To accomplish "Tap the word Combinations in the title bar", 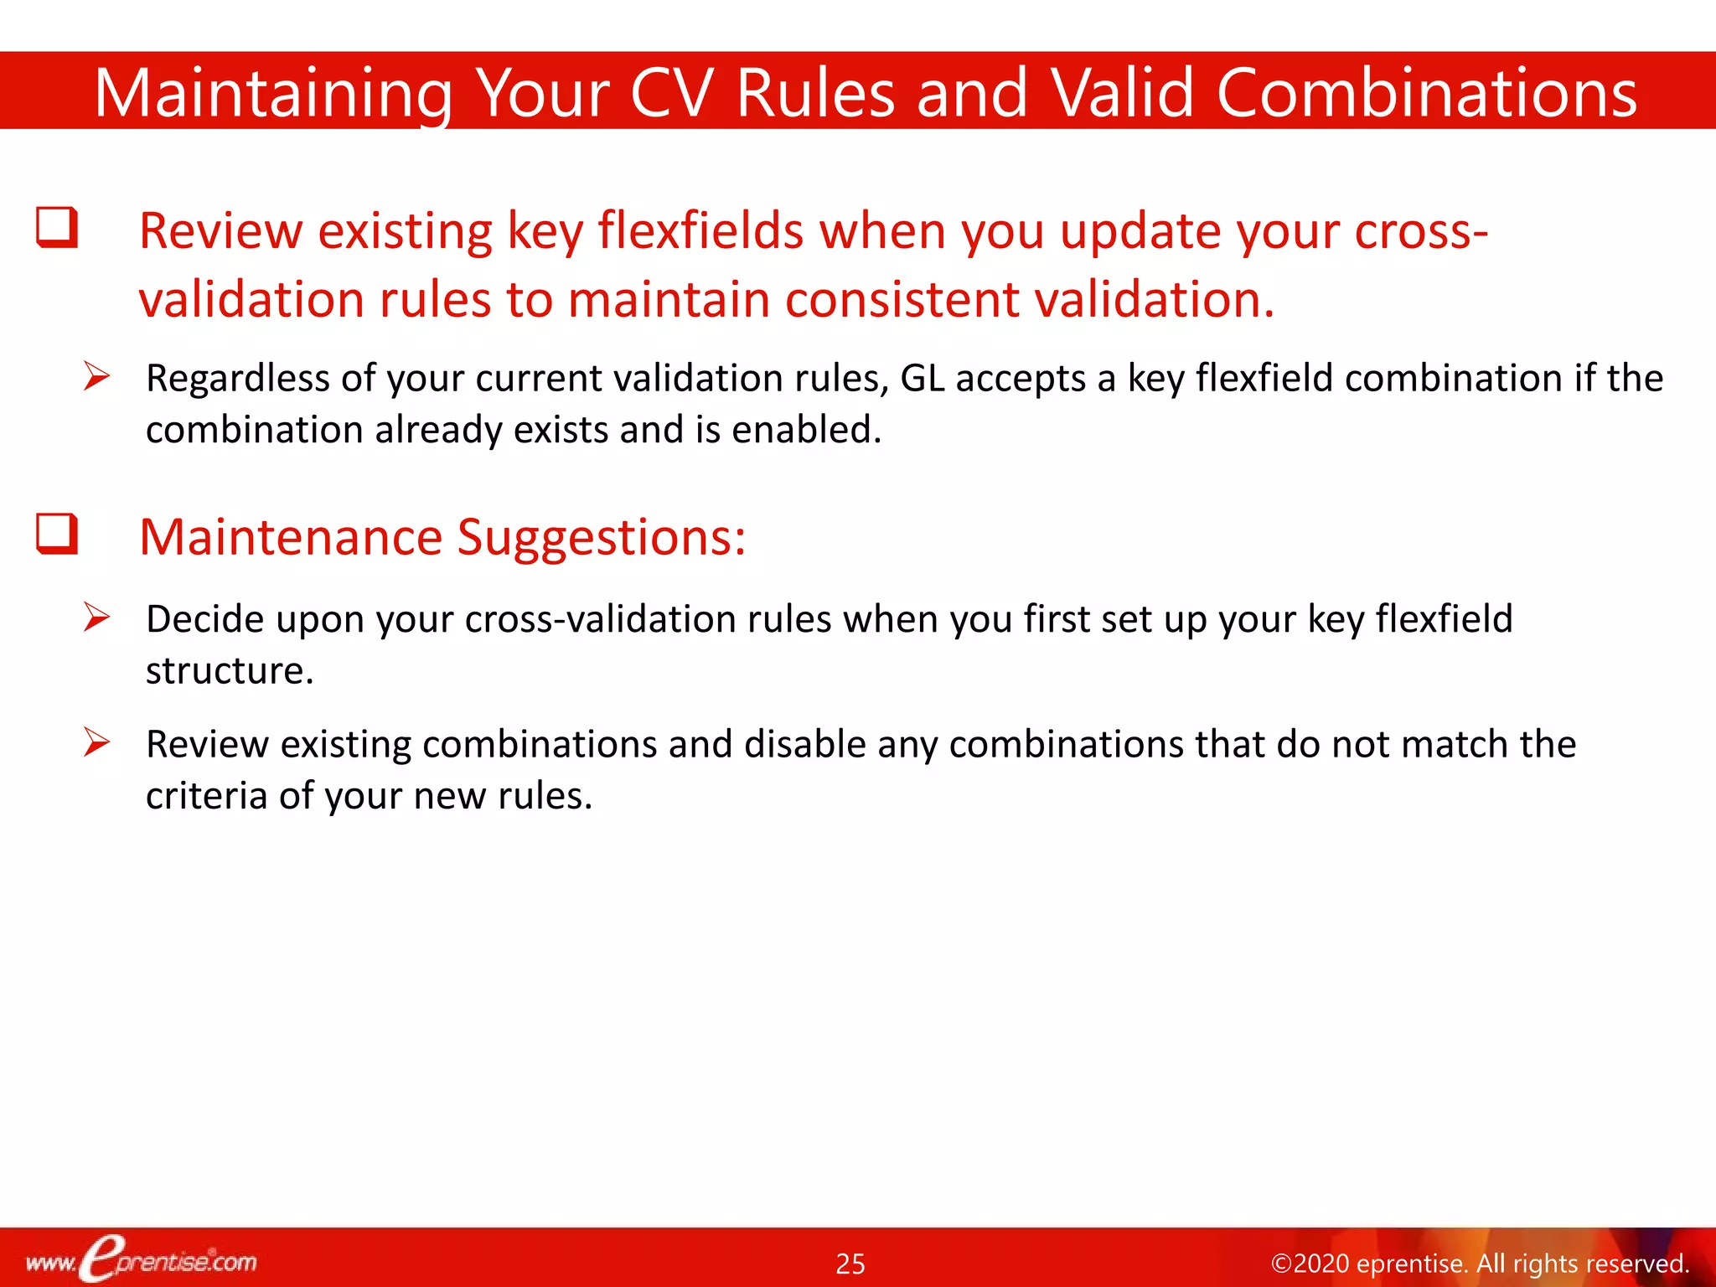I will [1426, 92].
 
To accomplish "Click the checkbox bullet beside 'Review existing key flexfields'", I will [57, 228].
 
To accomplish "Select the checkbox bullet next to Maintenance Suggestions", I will [57, 534].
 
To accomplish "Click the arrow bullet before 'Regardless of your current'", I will [97, 376].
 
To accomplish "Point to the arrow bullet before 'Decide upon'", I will [97, 618].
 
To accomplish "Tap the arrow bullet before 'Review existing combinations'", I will [97, 742].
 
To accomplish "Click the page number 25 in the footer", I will [850, 1264].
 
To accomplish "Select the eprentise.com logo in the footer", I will [142, 1260].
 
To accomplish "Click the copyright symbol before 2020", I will [1281, 1264].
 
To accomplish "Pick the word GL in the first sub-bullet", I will [922, 378].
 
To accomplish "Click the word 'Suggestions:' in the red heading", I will [601, 537].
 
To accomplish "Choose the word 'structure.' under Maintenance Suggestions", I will [230, 670].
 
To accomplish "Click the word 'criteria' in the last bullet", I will [206, 795].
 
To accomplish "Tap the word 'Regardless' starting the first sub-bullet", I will [237, 379].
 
